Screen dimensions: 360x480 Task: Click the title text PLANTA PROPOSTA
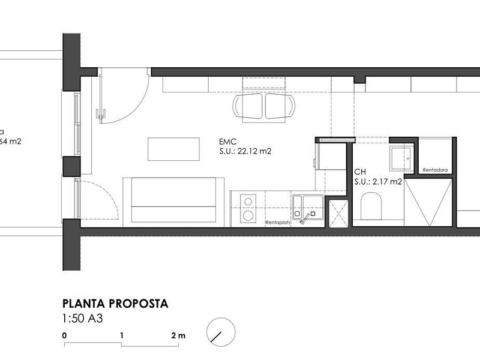(115, 304)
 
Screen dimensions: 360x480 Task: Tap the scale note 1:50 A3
(83, 319)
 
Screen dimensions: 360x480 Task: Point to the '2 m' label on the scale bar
(178, 335)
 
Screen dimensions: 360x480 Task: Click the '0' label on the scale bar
(64, 335)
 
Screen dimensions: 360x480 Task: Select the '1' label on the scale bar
(122, 335)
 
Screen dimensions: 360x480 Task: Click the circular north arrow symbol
(220, 332)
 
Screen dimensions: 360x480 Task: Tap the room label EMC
(227, 142)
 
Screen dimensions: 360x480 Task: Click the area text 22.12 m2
(254, 152)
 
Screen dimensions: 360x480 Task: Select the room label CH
(359, 171)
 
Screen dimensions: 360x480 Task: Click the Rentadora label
(435, 170)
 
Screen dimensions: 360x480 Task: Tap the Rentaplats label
(277, 223)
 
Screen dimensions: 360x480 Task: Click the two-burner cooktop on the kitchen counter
(246, 208)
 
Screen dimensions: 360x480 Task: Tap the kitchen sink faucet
(306, 216)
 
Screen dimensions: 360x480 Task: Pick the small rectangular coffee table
(173, 149)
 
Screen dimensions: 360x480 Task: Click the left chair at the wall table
(248, 107)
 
